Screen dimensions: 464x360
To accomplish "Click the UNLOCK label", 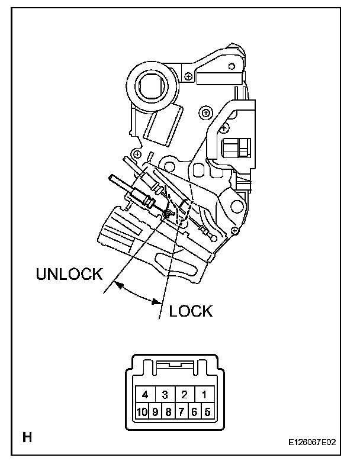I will click(69, 275).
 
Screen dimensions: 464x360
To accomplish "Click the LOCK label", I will click(191, 310).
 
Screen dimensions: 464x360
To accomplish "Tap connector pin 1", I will click(204, 394).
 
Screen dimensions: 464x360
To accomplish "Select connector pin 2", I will click(185, 394).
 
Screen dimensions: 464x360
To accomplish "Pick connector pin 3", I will click(165, 394).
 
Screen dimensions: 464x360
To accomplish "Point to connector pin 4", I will click(145, 394).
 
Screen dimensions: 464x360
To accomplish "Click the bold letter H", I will click(27, 438).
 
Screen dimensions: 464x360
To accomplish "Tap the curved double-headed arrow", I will click(140, 293).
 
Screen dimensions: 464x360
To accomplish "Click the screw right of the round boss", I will click(188, 76).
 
